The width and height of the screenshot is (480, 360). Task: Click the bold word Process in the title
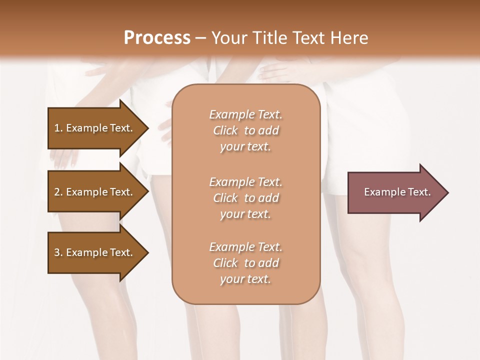[x=157, y=38]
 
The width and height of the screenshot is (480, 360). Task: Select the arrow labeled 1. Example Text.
[x=95, y=128]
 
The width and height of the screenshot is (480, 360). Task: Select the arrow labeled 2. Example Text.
[x=95, y=192]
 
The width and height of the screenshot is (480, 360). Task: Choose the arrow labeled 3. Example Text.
[x=95, y=252]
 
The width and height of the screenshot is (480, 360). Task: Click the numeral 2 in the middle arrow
[x=57, y=192]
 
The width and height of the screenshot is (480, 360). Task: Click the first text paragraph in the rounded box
[x=245, y=130]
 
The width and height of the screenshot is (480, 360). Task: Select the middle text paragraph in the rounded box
[x=245, y=198]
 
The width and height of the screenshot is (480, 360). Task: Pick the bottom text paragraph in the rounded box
[x=245, y=263]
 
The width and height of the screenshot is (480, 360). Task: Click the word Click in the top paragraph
[x=225, y=130]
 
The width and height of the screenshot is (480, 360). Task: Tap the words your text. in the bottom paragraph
[x=245, y=279]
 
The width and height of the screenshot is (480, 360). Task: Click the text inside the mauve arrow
[x=397, y=192]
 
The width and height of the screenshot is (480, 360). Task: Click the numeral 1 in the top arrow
[x=57, y=128]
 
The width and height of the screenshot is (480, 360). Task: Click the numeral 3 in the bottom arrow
[x=57, y=252]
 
